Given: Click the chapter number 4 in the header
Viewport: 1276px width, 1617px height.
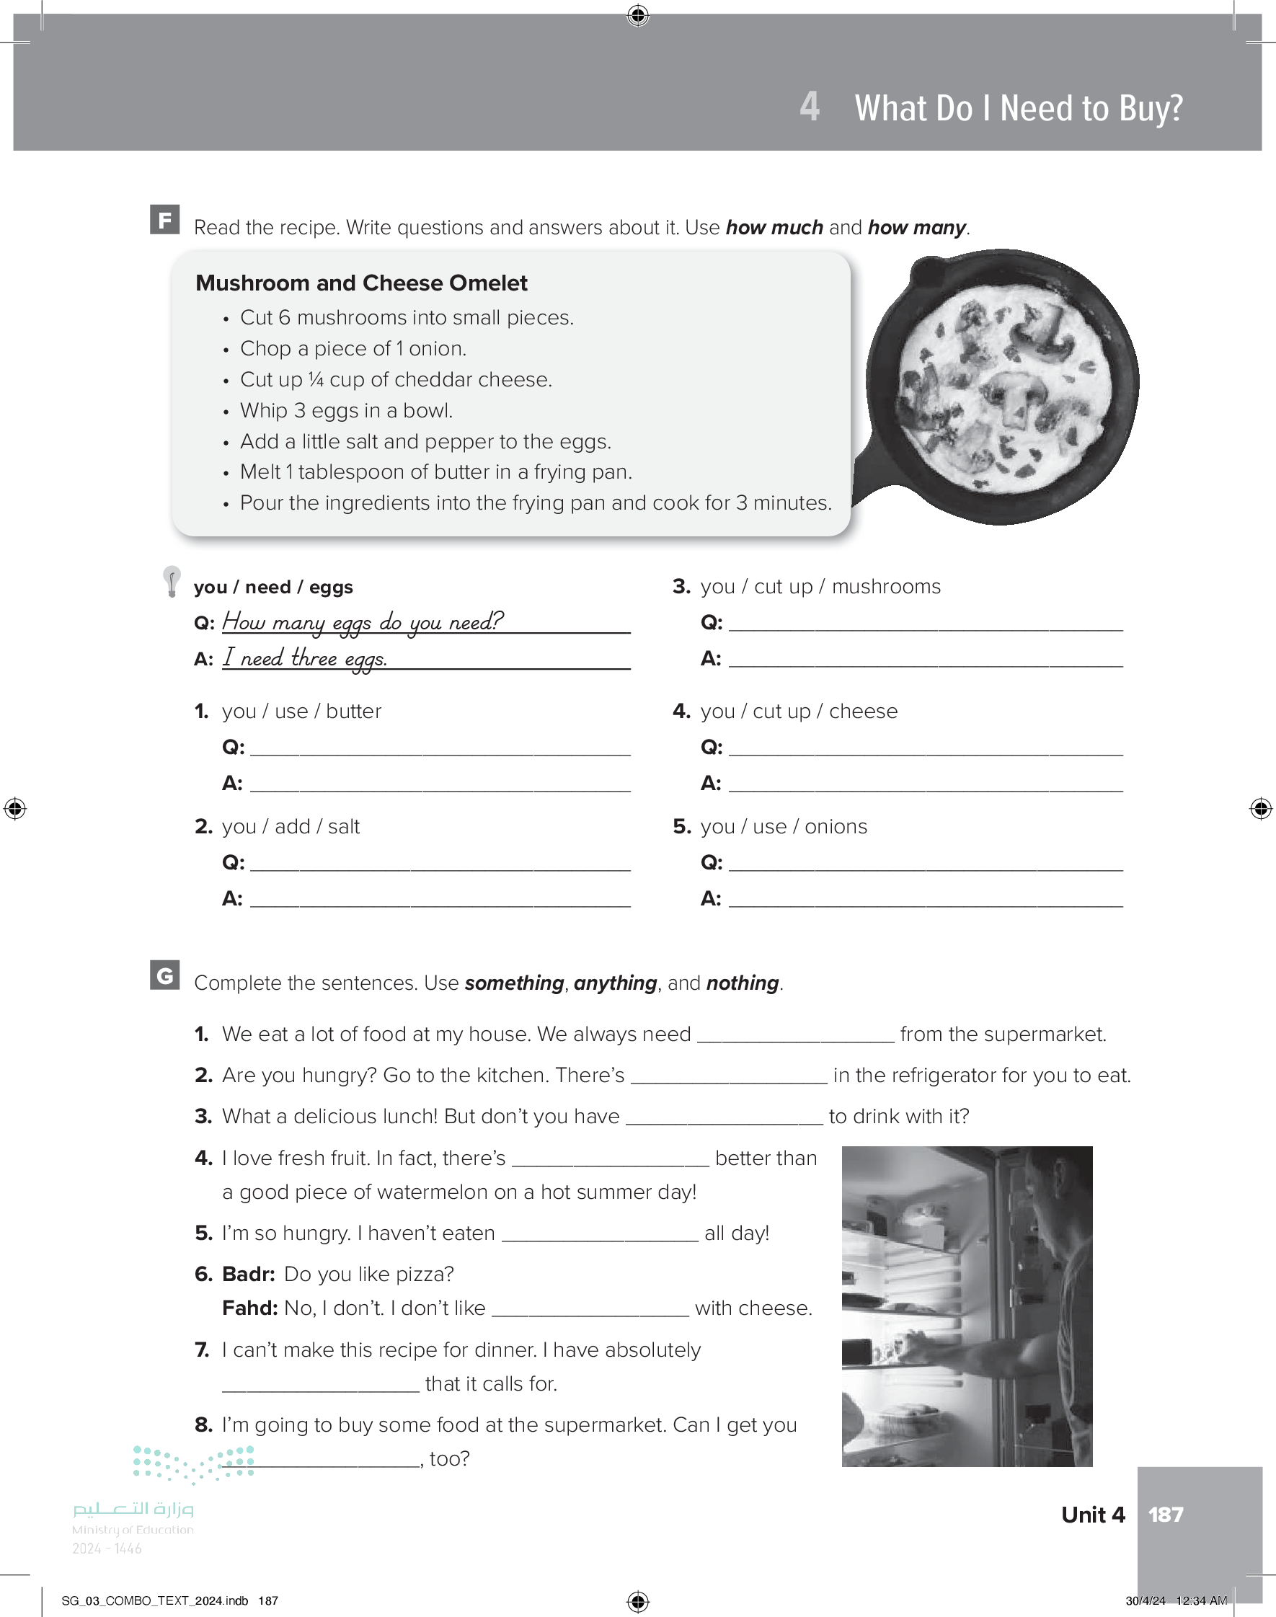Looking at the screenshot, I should [809, 107].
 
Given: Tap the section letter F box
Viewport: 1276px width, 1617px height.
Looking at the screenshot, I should [165, 220].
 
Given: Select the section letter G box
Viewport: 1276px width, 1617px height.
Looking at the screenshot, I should [165, 975].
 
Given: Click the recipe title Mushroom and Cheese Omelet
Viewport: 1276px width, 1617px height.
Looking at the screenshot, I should [361, 283].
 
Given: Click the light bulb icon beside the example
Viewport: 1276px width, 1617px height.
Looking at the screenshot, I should [172, 581].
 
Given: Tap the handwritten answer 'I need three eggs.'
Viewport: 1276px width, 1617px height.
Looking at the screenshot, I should [305, 658].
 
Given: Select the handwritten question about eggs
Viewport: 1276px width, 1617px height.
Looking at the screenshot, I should [363, 621].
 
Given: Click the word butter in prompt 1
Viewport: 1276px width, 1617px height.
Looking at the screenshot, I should [353, 711].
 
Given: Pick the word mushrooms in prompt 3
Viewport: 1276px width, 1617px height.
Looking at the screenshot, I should [886, 587].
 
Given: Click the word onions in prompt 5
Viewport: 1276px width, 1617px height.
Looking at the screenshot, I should [836, 827].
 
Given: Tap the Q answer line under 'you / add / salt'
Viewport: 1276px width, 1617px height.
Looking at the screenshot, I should [440, 864].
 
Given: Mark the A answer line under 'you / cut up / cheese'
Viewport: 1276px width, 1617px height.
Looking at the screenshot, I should [925, 784].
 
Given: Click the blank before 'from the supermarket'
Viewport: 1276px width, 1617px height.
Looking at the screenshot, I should [795, 1035].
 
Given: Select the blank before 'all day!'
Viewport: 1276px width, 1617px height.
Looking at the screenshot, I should [599, 1234].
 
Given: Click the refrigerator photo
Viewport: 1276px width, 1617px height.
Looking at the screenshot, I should [967, 1306].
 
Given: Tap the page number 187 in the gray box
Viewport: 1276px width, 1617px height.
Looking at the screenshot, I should [1166, 1515].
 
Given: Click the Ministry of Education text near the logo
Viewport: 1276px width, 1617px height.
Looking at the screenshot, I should [133, 1530].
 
